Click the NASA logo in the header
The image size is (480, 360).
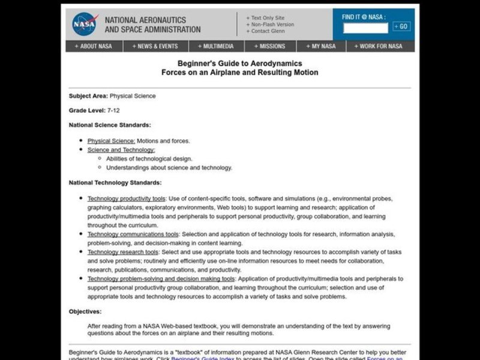84,25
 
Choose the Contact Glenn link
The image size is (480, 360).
267,31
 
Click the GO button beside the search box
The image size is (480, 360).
401,26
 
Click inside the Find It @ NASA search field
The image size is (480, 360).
365,28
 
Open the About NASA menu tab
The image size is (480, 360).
94,46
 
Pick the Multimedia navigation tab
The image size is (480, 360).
219,46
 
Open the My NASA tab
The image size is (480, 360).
322,46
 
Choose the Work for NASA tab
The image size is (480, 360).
379,46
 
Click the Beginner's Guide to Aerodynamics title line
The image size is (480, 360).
239,63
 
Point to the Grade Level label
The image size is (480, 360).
86,110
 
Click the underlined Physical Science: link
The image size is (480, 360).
112,141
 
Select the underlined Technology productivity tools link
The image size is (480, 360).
126,199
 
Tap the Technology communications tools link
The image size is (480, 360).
133,235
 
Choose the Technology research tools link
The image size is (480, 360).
123,253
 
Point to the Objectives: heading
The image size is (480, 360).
85,311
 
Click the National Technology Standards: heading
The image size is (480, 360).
115,182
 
